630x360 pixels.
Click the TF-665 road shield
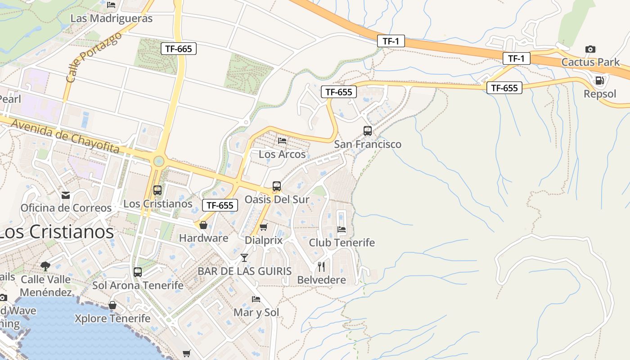[179, 49]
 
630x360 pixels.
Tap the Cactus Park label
[590, 62]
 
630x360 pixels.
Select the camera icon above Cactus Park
[590, 49]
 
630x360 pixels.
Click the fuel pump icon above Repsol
[599, 81]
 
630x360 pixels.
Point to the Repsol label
[599, 94]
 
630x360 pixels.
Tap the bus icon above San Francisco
[368, 131]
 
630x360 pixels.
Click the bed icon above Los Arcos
[282, 141]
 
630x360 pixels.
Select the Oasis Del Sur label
[277, 199]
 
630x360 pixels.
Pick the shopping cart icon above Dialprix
[264, 227]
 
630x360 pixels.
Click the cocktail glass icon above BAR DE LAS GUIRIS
[244, 258]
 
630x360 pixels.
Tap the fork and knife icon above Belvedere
[321, 267]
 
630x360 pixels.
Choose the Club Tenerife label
[342, 243]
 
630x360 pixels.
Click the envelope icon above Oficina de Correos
[66, 195]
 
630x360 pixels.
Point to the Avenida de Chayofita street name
[65, 136]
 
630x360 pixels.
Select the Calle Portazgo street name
[94, 57]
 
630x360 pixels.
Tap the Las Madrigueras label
[112, 18]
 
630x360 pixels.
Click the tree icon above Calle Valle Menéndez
[45, 266]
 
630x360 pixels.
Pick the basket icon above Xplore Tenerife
[112, 306]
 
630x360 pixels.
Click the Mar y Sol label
[256, 312]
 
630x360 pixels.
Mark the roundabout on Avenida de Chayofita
[158, 161]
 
